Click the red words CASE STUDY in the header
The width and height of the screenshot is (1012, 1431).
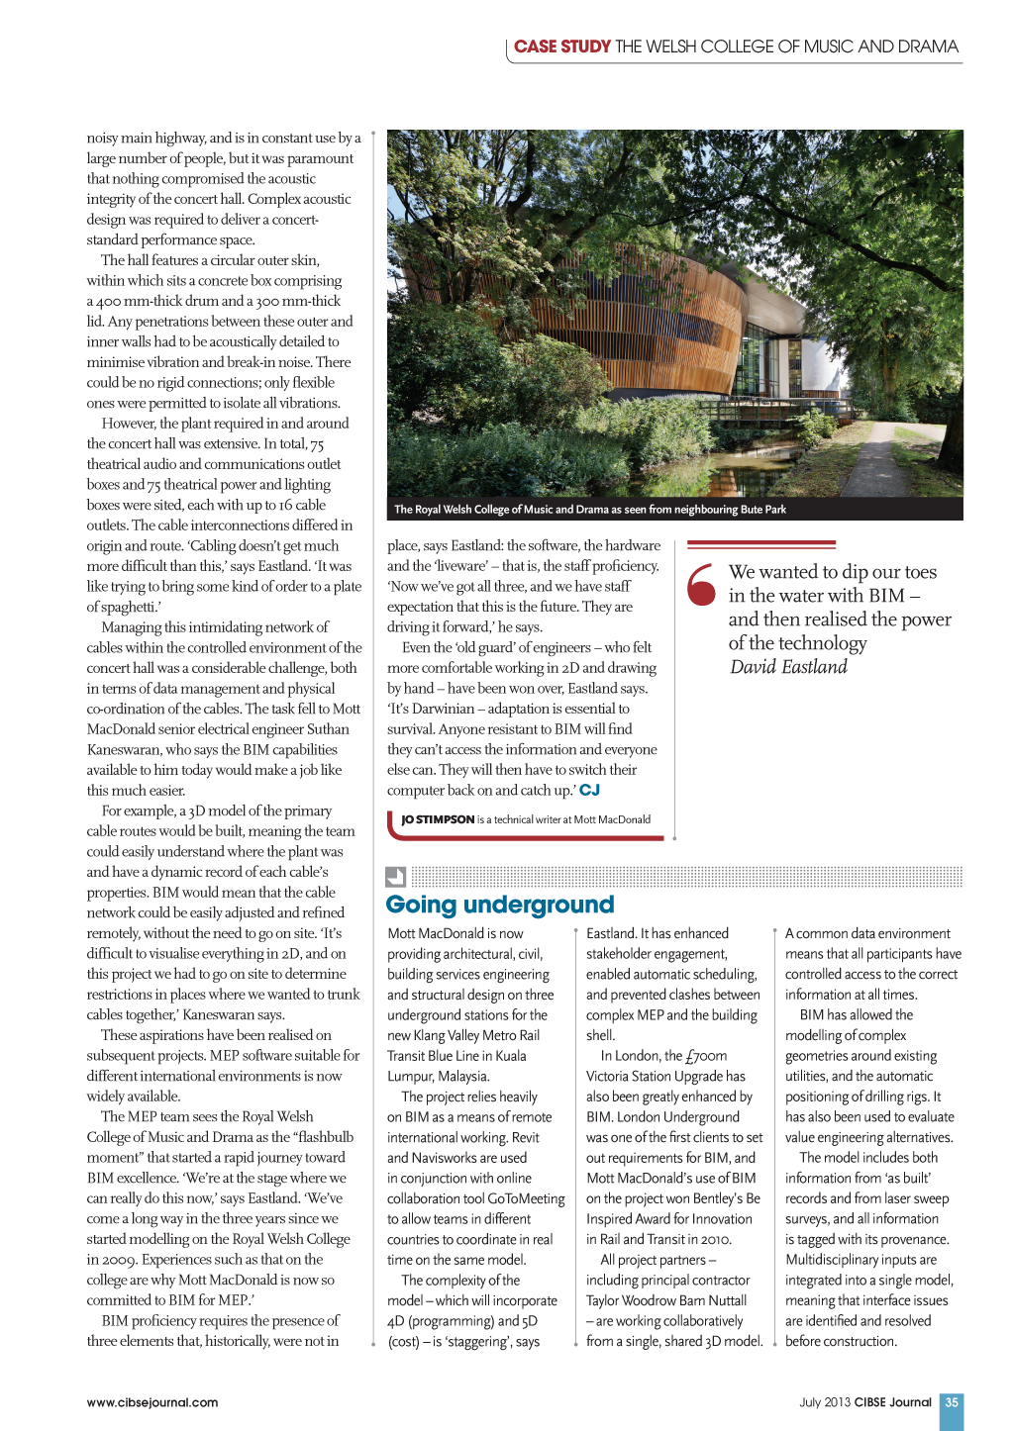(x=561, y=47)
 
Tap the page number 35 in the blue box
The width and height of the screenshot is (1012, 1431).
(x=952, y=1402)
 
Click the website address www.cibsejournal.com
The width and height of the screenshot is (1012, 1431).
(x=152, y=1402)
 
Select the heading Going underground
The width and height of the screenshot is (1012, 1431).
(x=499, y=905)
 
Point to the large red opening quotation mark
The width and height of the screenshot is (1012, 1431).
(x=701, y=584)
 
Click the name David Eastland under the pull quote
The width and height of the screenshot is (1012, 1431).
(x=788, y=667)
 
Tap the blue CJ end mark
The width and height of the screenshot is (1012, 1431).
(x=590, y=790)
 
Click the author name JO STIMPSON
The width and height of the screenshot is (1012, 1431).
(x=438, y=819)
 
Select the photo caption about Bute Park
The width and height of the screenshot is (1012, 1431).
(x=590, y=510)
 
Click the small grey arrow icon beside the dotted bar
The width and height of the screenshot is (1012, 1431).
(x=395, y=877)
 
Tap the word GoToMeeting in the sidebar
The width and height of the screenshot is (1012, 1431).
(x=526, y=1198)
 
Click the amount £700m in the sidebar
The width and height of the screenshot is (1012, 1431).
(x=706, y=1056)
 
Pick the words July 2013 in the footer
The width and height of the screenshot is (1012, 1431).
(x=825, y=1402)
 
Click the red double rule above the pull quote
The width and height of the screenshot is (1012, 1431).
(x=760, y=544)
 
